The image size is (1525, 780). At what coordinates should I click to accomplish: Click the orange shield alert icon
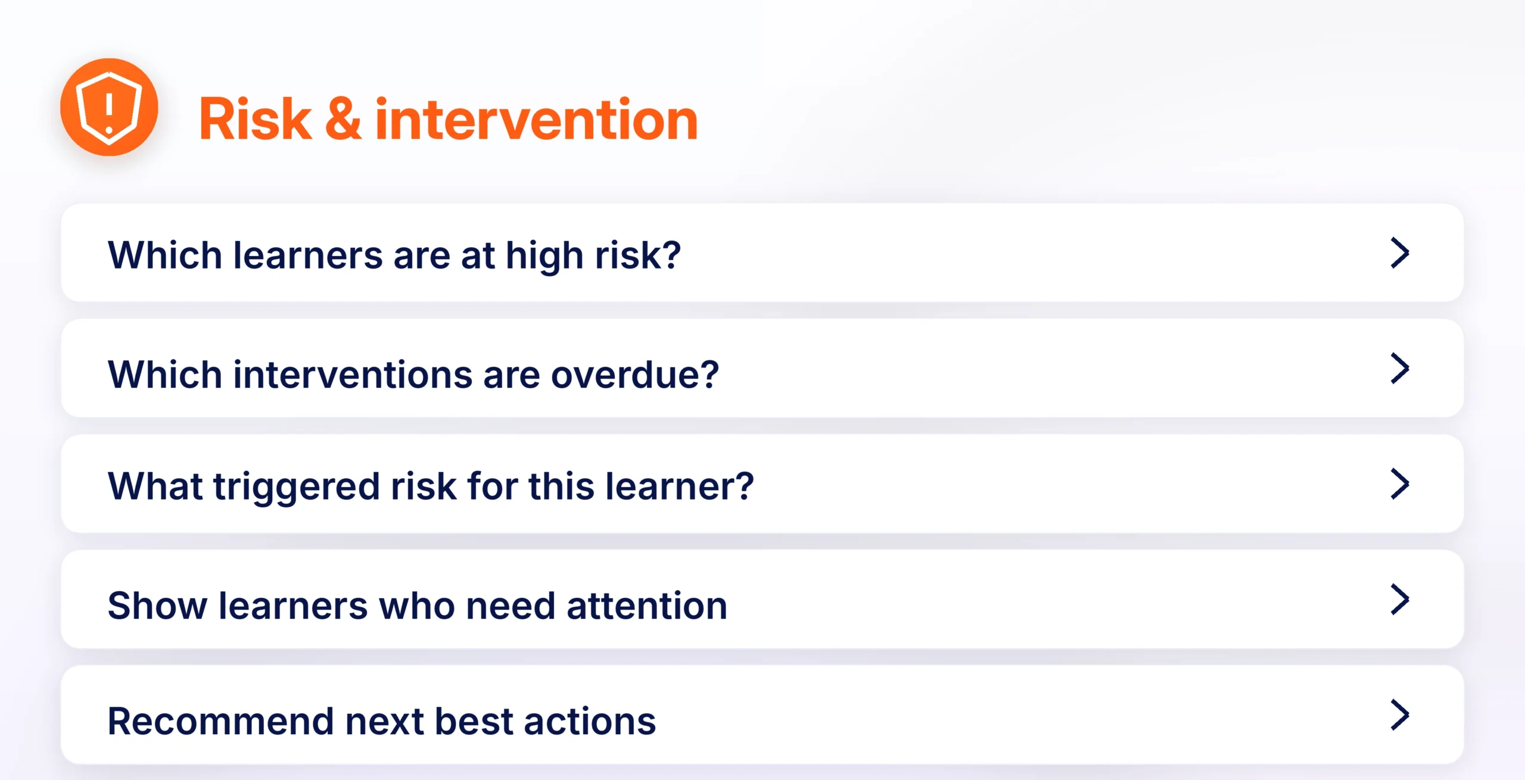(x=109, y=107)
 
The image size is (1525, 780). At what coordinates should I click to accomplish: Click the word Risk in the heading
(x=256, y=120)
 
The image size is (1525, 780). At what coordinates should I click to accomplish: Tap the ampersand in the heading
(x=343, y=120)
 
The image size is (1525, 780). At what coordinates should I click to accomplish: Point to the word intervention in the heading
(x=536, y=120)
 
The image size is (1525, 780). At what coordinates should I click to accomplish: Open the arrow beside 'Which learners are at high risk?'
(x=1400, y=253)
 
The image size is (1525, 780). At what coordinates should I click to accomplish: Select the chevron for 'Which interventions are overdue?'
(x=1400, y=369)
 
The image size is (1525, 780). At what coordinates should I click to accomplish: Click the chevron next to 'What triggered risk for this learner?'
(x=1400, y=484)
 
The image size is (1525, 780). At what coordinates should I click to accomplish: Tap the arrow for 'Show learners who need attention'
(x=1400, y=600)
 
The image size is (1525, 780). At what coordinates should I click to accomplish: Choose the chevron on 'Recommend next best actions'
(x=1400, y=715)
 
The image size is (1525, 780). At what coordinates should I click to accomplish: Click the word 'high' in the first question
(x=544, y=257)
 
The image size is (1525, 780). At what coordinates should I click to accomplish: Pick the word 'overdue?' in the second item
(x=635, y=375)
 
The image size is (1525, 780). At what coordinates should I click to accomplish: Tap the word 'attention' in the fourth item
(x=647, y=606)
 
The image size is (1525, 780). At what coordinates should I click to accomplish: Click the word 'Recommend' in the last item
(x=220, y=722)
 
